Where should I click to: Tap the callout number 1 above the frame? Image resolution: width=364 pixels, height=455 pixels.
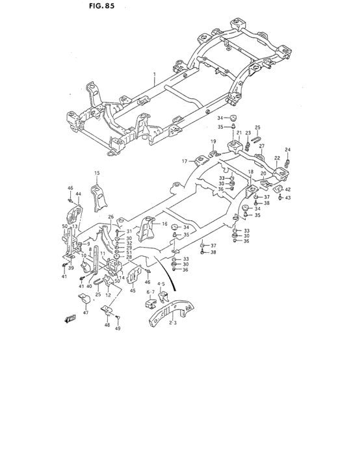tap(155, 75)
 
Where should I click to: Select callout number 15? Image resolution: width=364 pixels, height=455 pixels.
tap(96, 173)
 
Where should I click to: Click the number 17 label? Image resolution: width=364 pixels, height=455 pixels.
tap(184, 161)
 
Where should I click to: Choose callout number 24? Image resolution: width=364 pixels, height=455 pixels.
tap(287, 150)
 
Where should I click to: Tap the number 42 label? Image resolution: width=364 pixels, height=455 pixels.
tap(287, 189)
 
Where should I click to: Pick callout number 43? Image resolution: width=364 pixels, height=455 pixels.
tap(288, 198)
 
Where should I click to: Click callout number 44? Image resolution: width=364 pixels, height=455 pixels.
tap(78, 194)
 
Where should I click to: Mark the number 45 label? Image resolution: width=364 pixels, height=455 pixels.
tap(132, 291)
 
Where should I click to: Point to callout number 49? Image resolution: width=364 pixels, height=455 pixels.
tap(118, 329)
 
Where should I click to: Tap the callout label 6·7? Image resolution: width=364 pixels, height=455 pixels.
tap(150, 292)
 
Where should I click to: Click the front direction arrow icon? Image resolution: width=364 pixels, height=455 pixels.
tap(70, 320)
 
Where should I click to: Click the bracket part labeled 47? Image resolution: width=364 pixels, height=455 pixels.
tap(83, 300)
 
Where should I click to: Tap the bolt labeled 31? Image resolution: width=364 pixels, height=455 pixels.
tap(117, 231)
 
